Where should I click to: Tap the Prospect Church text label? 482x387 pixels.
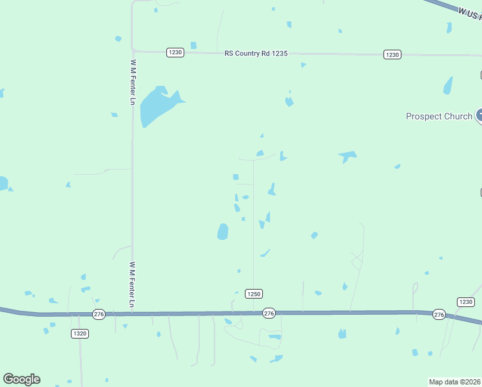[x=439, y=116]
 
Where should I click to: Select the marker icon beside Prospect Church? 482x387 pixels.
[x=479, y=116]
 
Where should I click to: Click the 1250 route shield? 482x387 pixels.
[x=254, y=293]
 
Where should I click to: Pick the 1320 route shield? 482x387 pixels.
[x=80, y=333]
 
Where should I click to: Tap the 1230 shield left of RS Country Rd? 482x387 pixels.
[x=175, y=52]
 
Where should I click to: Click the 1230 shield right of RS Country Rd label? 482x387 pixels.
[x=392, y=54]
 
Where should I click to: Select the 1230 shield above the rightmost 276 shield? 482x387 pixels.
[x=465, y=302]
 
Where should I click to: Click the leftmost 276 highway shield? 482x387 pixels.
[x=98, y=314]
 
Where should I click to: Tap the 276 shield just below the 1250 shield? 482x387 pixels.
[x=269, y=313]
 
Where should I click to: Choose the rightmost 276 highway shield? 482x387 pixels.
[x=439, y=314]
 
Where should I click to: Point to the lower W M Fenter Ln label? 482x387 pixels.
[x=132, y=284]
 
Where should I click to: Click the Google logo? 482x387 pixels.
[x=21, y=379]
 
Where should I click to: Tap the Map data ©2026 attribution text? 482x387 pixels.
[x=455, y=381]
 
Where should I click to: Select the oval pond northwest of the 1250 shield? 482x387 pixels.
[x=222, y=231]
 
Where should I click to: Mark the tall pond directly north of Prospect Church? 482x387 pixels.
[x=448, y=86]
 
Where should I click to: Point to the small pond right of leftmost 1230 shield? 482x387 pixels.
[x=193, y=45]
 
